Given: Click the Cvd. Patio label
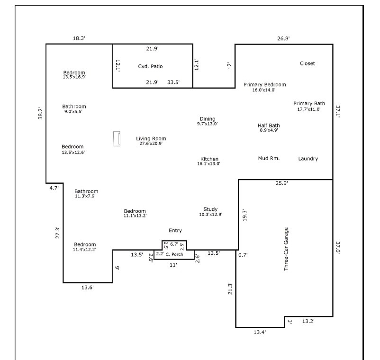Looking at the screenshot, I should tap(150, 66).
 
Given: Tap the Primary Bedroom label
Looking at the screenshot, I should tap(264, 85).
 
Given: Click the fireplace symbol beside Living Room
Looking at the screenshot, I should tap(116, 139).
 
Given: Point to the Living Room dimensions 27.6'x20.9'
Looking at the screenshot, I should tap(151, 144).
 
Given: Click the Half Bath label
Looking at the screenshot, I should tap(268, 126).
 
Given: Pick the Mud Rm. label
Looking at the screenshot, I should tap(268, 158).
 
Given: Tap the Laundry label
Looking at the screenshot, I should tap(308, 159).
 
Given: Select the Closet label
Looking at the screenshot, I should tap(307, 63).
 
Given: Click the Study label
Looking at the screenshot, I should tap(210, 209).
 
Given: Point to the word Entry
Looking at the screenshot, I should tap(175, 231).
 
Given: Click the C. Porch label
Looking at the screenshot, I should tap(174, 254).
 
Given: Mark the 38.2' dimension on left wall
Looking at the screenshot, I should tap(40, 114).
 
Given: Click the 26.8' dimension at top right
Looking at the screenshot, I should tap(283, 39).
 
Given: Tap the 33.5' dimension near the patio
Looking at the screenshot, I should tap(173, 82).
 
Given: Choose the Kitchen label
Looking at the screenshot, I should tap(209, 159).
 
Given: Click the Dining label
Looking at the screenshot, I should tap(208, 119).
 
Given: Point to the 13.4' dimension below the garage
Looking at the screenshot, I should tap(259, 333).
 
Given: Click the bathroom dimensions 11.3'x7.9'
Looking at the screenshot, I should tap(86, 197).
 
